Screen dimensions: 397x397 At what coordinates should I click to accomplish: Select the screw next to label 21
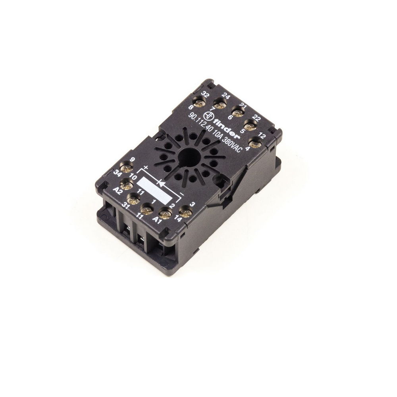(x=238, y=114)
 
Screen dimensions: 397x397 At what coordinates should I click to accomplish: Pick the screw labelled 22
(x=249, y=127)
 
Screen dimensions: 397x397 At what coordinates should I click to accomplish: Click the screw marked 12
(x=253, y=142)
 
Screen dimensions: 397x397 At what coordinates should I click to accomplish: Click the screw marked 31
(x=133, y=197)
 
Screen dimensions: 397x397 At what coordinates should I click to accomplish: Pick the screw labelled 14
(x=183, y=212)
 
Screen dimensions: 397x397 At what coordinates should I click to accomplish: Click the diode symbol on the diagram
(x=160, y=183)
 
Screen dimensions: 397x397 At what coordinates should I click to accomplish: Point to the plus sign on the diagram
(x=145, y=168)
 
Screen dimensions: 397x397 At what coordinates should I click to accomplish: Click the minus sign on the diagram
(x=181, y=194)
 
